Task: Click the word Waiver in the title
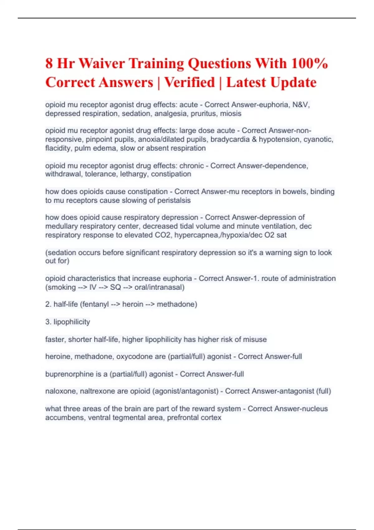(101, 63)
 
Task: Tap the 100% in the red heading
(309, 63)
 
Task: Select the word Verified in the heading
(189, 83)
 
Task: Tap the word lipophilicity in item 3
(72, 322)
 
